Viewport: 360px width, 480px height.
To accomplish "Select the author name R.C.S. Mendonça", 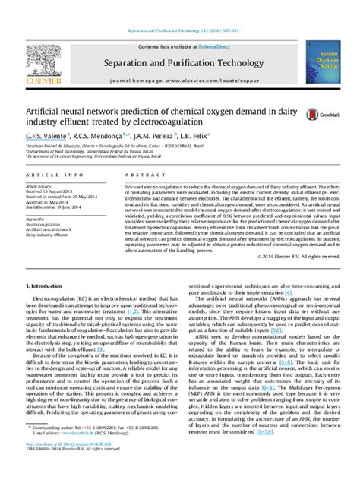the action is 99,134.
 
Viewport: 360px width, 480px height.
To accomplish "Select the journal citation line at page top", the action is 179,30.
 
